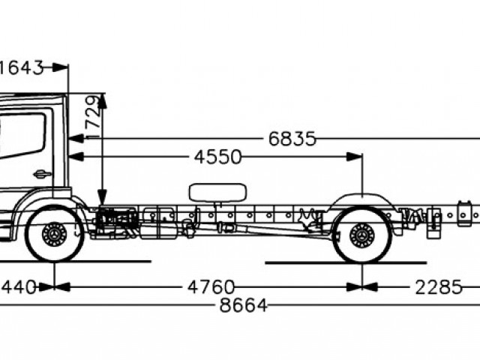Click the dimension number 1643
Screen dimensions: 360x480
pyautogui.click(x=21, y=67)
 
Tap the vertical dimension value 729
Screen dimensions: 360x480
pyautogui.click(x=92, y=117)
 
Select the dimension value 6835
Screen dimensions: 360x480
pyautogui.click(x=292, y=139)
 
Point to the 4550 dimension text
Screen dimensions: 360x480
pyautogui.click(x=217, y=157)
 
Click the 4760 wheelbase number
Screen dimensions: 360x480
pyautogui.click(x=211, y=287)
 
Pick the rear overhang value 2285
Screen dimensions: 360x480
pyautogui.click(x=438, y=287)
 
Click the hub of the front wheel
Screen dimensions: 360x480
pyautogui.click(x=54, y=235)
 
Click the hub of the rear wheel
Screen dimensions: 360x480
pyautogui.click(x=362, y=235)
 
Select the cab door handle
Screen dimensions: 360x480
pyautogui.click(x=43, y=174)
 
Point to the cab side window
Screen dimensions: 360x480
pyautogui.click(x=21, y=136)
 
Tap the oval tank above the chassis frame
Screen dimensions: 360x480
pyautogui.click(x=218, y=192)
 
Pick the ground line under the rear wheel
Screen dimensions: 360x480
pyautogui.click(x=345, y=262)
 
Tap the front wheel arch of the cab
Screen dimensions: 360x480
pyautogui.click(x=52, y=199)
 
